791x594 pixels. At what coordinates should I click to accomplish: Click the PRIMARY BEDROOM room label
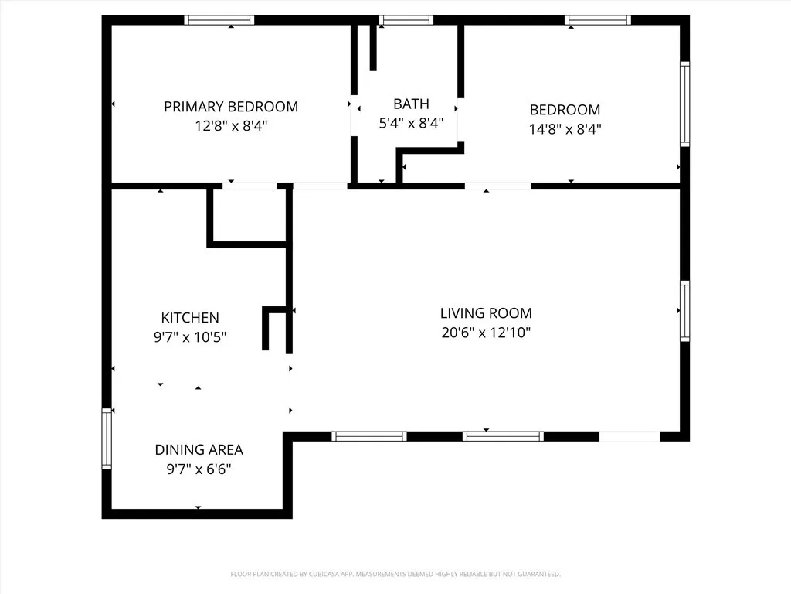(x=230, y=107)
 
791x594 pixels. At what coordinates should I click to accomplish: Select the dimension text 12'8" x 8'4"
(x=230, y=126)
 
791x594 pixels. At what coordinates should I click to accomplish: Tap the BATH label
(x=411, y=104)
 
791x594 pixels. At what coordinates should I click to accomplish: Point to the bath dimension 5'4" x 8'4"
(x=411, y=123)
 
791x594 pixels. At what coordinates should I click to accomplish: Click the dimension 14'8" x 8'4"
(x=565, y=129)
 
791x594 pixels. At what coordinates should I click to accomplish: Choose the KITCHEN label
(x=190, y=317)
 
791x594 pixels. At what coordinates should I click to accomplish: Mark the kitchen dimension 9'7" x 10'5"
(x=190, y=337)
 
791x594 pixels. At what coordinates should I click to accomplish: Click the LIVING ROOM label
(x=486, y=313)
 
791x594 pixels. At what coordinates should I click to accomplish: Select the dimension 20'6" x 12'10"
(x=486, y=333)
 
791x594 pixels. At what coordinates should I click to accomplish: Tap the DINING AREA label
(x=199, y=449)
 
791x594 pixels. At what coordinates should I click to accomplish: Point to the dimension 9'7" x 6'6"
(x=199, y=469)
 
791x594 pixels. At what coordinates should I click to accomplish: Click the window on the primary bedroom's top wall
(x=219, y=20)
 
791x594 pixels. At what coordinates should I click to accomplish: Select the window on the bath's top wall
(x=406, y=20)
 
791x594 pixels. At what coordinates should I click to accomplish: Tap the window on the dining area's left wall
(x=107, y=439)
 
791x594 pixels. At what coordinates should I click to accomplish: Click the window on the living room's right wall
(x=684, y=310)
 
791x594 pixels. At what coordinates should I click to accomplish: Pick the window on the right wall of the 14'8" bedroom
(x=684, y=104)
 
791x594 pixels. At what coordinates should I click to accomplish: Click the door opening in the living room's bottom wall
(x=630, y=436)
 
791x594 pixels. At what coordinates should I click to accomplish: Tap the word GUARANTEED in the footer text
(x=538, y=574)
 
